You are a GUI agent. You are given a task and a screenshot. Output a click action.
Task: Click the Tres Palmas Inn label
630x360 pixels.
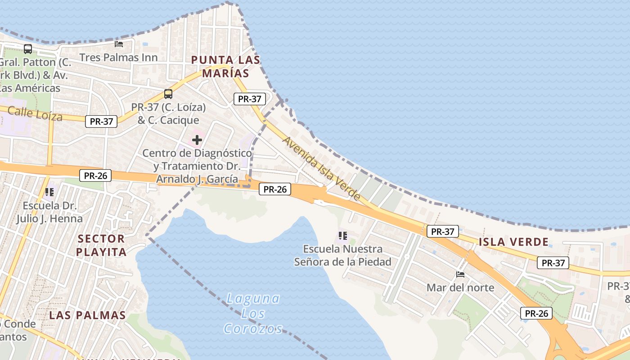point(118,58)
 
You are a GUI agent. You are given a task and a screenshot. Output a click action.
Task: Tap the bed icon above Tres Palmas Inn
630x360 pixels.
point(119,44)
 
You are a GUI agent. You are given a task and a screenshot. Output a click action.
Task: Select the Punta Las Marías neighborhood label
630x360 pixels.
point(225,66)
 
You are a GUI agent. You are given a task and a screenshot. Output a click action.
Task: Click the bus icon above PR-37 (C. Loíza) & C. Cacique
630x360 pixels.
point(168,94)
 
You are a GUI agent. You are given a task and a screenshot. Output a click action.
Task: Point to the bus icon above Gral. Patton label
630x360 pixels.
point(28,49)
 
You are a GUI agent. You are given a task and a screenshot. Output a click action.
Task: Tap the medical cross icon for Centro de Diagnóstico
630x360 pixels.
point(197,140)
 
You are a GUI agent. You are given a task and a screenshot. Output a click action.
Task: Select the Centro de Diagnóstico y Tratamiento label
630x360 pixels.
point(197,166)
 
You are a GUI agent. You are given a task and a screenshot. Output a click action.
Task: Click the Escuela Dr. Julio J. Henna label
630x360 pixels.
point(49,212)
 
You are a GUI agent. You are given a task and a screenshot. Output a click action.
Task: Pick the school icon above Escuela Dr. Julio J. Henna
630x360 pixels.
point(49,192)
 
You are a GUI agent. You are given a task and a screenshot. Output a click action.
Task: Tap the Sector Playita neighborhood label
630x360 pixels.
point(101,245)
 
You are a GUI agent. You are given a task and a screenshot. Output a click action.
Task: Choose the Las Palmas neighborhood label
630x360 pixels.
point(87,315)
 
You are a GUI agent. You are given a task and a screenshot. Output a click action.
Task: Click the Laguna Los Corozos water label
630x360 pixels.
point(253,313)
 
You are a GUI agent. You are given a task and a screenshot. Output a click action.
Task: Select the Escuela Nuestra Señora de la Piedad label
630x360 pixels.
point(342,255)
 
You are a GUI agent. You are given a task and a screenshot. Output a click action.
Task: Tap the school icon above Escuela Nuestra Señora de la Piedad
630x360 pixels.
point(343,235)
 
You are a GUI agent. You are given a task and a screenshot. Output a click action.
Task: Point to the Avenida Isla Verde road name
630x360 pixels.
point(321,168)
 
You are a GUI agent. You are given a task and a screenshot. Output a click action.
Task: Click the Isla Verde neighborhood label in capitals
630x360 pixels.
point(513,242)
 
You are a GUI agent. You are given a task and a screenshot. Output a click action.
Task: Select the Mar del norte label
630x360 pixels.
point(460,288)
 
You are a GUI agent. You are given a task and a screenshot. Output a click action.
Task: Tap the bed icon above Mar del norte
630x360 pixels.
point(460,274)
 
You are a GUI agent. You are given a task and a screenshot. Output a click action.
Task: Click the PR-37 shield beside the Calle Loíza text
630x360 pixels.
point(101,121)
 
